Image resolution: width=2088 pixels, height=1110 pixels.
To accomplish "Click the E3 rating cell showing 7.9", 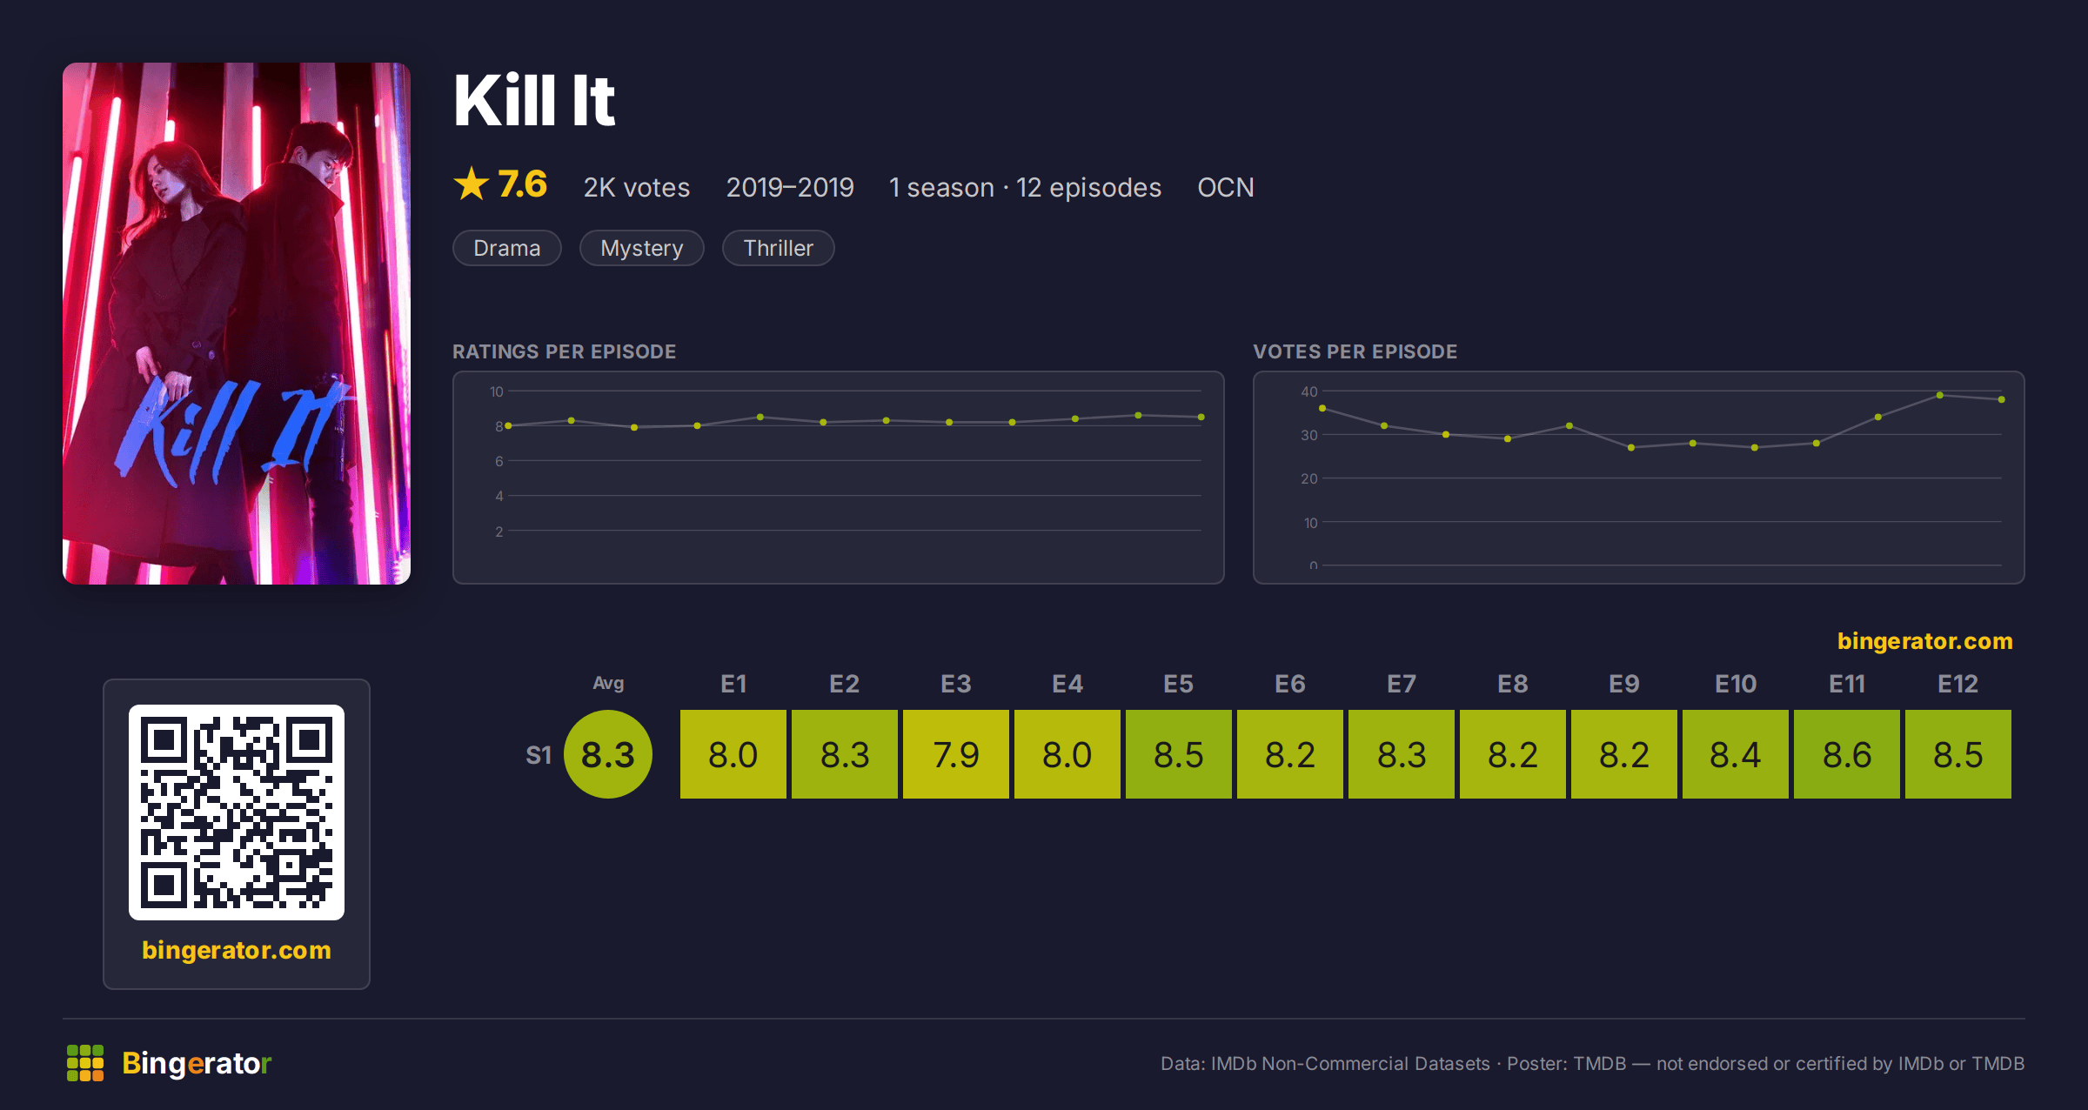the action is pos(955,754).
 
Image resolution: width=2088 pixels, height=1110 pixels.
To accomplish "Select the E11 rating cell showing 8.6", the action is pos(1846,754).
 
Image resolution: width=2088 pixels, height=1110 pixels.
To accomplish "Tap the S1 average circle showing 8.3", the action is pos(608,754).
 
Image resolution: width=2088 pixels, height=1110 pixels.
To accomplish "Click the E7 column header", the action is pos(1401,684).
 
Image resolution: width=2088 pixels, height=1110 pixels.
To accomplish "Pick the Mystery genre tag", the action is pos(642,248).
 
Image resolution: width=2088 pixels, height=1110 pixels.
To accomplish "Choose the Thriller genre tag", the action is pos(779,248).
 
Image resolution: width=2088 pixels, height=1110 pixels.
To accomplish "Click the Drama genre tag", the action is pos(507,248).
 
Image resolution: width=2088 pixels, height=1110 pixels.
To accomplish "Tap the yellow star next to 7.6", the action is pos(472,184).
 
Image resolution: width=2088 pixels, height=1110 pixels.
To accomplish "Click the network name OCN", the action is pos(1226,187).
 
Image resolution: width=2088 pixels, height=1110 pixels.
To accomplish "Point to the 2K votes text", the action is pos(637,187).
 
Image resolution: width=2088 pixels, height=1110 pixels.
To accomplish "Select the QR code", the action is pos(237,812).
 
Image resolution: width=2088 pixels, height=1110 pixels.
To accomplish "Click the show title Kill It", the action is pos(534,101).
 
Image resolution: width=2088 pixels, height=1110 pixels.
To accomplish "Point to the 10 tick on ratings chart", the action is pos(496,391).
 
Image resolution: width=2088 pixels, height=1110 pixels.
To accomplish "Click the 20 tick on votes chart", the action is pos(1309,478).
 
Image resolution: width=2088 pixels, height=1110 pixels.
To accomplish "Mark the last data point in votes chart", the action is pos(2002,399).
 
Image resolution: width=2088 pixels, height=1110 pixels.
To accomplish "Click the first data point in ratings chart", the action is pos(508,425).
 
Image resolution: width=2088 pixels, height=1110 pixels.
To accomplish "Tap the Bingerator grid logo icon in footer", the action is pos(85,1063).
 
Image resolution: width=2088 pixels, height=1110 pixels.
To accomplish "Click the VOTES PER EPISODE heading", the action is pos(1355,351).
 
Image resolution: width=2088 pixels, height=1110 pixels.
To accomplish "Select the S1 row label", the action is pos(539,755).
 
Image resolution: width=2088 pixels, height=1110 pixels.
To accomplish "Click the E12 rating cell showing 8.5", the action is pos(1957,754).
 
